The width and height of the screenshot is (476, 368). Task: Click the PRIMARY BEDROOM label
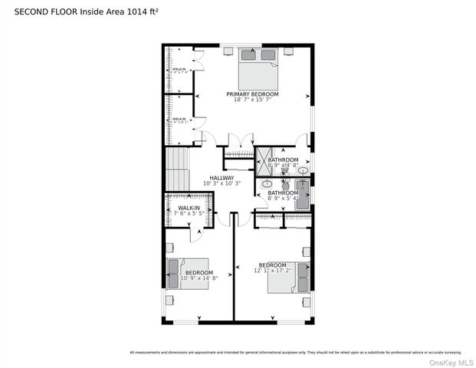tap(252, 94)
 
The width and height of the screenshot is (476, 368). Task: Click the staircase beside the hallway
tap(177, 169)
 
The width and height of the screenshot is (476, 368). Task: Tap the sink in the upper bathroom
tap(304, 170)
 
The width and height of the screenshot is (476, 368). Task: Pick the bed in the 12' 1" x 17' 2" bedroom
tap(290, 279)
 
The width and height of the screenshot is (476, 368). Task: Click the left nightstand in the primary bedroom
tap(228, 51)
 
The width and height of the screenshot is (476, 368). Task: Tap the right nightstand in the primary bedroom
tap(288, 51)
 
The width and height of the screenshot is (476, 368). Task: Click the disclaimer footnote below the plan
tap(295, 353)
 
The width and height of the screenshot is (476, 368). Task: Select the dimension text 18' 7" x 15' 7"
tap(252, 100)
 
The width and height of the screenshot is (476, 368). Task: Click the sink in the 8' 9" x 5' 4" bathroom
tap(268, 185)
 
